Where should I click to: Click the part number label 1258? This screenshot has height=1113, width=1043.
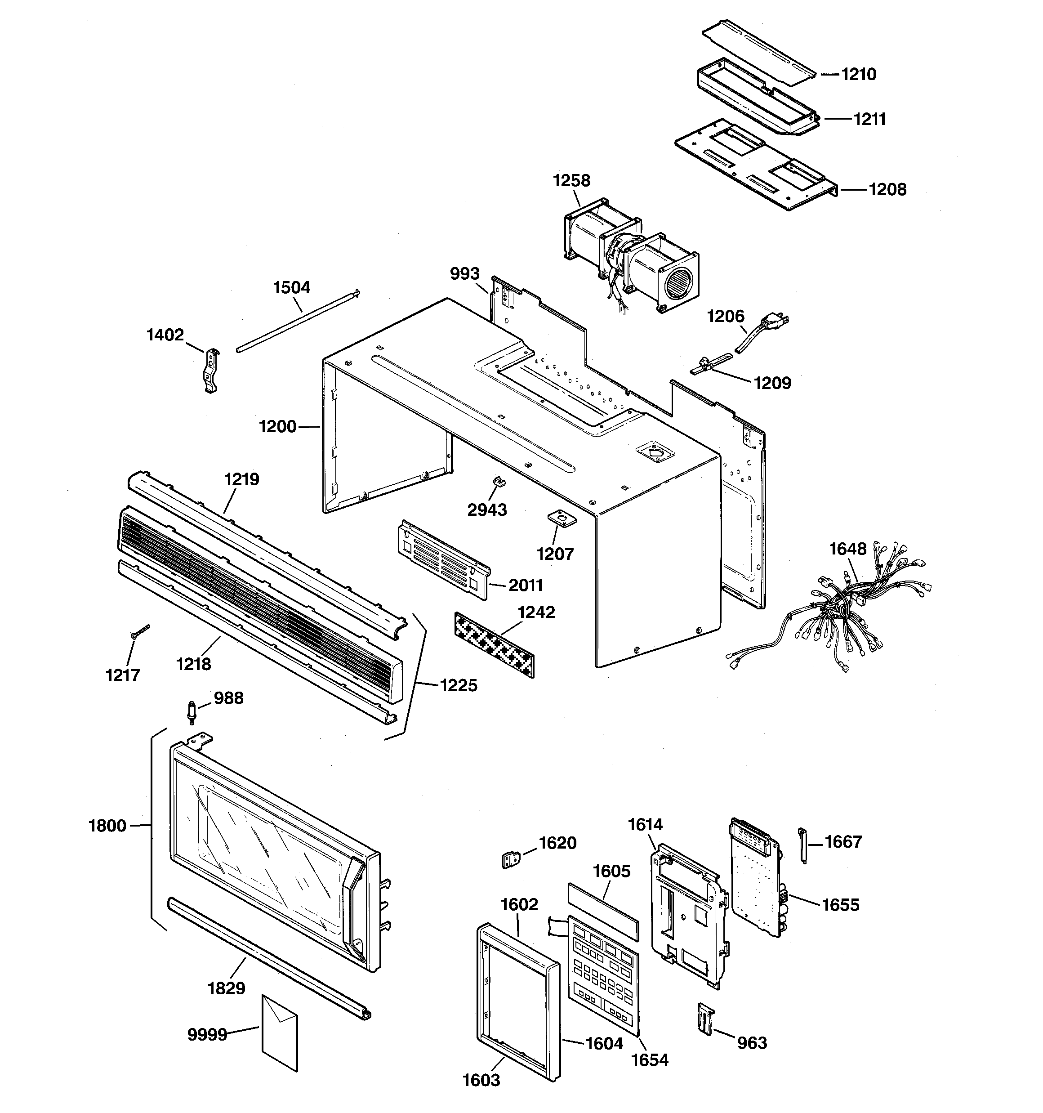click(571, 180)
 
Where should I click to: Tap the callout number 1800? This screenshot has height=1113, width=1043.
click(107, 825)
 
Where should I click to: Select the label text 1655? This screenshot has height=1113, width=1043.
click(840, 905)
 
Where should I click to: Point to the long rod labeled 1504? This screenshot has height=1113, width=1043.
click(297, 321)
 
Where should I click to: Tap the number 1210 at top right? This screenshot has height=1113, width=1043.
click(859, 74)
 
